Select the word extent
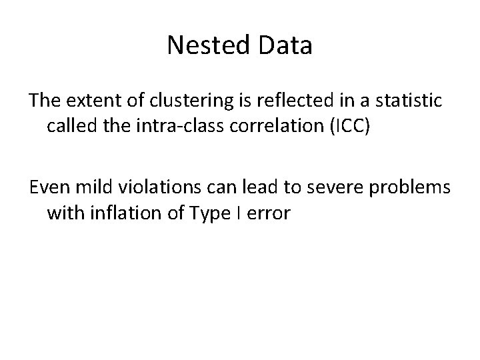coord(91,101)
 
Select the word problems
coord(412,189)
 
